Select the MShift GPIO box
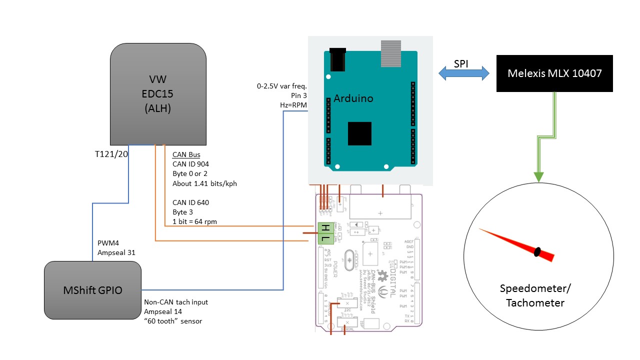92,290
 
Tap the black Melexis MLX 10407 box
554,73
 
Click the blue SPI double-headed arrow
464,73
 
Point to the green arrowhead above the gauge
538,176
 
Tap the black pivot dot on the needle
537,251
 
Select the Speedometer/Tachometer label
535,295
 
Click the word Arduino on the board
353,98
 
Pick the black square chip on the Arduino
359,133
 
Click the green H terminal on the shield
325,228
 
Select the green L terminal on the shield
325,239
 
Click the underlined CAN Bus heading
186,154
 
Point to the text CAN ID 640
190,202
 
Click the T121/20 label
111,154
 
